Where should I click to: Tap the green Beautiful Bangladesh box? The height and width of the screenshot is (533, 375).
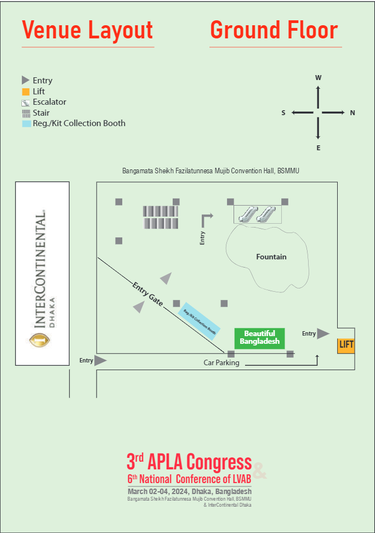(x=259, y=337)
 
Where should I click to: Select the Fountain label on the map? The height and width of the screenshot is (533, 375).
(x=271, y=257)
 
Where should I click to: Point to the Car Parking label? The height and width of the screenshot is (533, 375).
(x=221, y=362)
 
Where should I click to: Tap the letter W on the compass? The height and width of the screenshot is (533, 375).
(x=318, y=78)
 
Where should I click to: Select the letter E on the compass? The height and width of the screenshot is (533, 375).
(x=318, y=148)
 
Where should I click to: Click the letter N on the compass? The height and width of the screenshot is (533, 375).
(x=353, y=113)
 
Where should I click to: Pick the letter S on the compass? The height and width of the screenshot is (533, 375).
(x=283, y=113)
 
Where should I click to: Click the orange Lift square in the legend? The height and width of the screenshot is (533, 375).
(x=25, y=92)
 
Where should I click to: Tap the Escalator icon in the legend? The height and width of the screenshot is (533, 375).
(x=25, y=102)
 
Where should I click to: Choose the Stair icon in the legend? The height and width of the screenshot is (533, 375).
(x=25, y=113)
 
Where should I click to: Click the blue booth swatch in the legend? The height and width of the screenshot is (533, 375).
(x=25, y=123)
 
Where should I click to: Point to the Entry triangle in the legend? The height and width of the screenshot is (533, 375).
(x=25, y=80)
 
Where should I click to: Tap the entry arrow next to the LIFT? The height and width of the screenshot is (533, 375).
(x=323, y=333)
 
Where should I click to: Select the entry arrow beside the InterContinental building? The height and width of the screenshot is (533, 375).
(x=100, y=360)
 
